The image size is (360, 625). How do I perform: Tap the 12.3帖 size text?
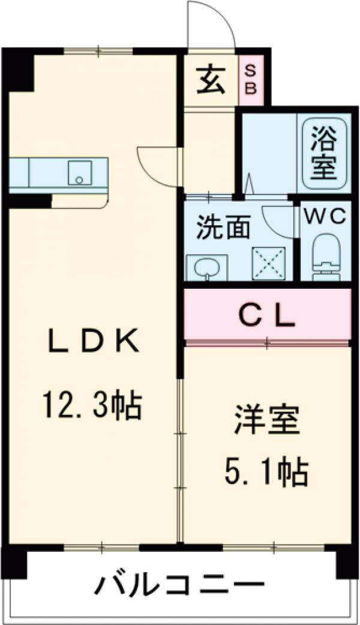[x=91, y=406]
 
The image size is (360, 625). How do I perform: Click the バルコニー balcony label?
[x=180, y=584]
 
